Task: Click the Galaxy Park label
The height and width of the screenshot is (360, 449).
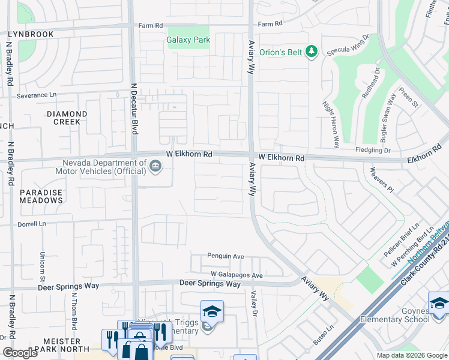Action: (188, 40)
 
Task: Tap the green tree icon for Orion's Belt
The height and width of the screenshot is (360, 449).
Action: (311, 52)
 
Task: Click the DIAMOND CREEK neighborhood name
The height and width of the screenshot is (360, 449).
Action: (67, 118)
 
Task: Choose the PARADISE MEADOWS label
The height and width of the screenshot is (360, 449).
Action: (41, 196)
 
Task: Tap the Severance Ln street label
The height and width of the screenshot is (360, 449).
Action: (36, 95)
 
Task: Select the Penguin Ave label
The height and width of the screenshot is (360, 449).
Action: (226, 256)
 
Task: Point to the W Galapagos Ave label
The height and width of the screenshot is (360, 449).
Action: (237, 275)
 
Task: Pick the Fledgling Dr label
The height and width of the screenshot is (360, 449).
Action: (373, 151)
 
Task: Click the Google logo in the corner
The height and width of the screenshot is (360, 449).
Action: (20, 352)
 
